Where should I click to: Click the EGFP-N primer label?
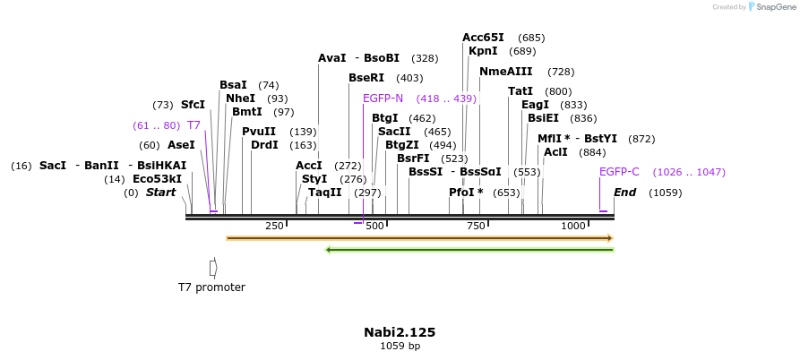[x=383, y=99]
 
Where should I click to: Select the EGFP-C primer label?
[x=619, y=172]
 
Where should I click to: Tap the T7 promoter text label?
[x=211, y=287]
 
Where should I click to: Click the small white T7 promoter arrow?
[x=213, y=267]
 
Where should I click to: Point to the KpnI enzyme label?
[x=483, y=51]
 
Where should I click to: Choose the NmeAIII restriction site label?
[x=505, y=72]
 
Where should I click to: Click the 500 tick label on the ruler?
[x=374, y=226]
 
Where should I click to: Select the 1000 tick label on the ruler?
[x=573, y=226]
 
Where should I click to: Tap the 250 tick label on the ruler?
[x=274, y=226]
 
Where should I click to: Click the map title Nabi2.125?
[x=400, y=332]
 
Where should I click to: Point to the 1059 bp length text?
[x=400, y=346]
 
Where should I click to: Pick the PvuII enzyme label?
[x=259, y=132]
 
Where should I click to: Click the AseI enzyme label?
[x=181, y=145]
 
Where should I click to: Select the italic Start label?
[x=161, y=193]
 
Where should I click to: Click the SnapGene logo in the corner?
[x=753, y=7]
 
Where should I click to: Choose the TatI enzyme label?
[x=520, y=91]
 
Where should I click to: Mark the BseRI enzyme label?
[x=366, y=78]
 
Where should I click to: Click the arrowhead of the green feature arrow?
[x=329, y=249]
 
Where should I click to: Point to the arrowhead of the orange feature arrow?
[x=610, y=238]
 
